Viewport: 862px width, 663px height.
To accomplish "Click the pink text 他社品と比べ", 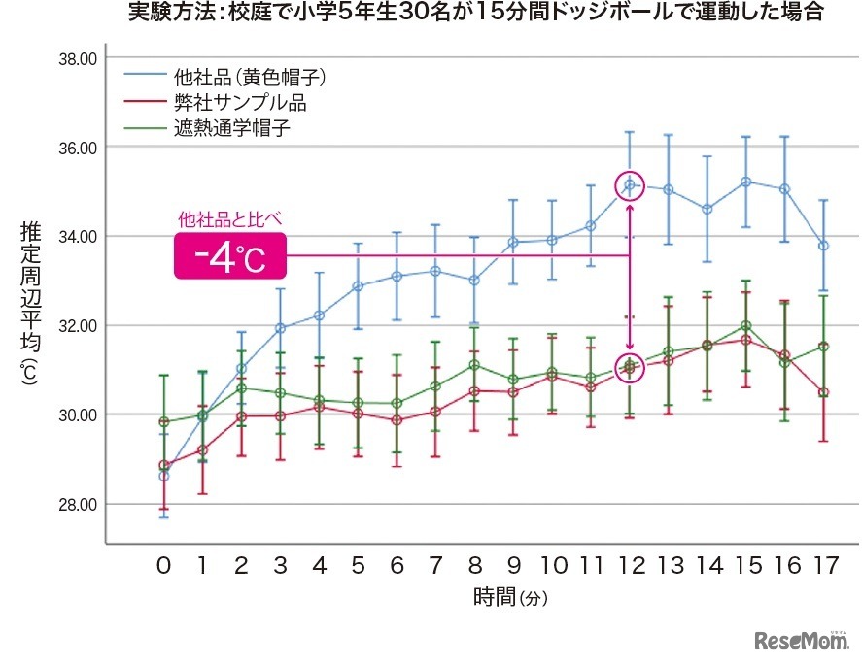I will [230, 218].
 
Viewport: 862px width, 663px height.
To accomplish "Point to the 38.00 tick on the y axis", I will [77, 58].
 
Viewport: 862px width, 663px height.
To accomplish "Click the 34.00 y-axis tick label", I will [77, 237].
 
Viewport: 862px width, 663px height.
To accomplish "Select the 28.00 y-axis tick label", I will [77, 505].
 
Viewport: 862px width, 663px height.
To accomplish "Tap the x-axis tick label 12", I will [630, 565].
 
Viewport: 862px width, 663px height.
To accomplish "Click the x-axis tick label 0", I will [163, 565].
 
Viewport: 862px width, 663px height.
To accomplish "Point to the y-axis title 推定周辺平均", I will [28, 291].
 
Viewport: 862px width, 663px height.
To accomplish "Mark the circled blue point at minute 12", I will [630, 184].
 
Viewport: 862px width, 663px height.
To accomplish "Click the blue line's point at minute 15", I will [745, 182].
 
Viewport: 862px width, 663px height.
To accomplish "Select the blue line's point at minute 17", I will [823, 246].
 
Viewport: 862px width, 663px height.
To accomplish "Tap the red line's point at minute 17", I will [823, 392].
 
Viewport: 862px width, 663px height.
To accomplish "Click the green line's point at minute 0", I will [163, 421].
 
